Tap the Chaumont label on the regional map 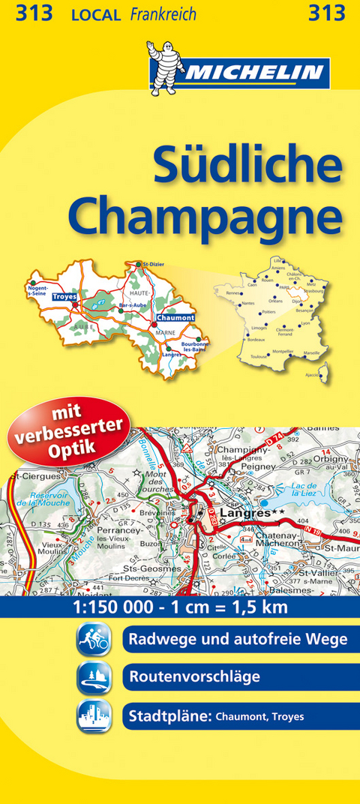[175, 317]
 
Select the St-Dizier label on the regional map [153, 264]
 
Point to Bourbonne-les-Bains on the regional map [193, 347]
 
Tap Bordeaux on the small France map [257, 340]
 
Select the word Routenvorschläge [193, 677]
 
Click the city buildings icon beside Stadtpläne [93, 715]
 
